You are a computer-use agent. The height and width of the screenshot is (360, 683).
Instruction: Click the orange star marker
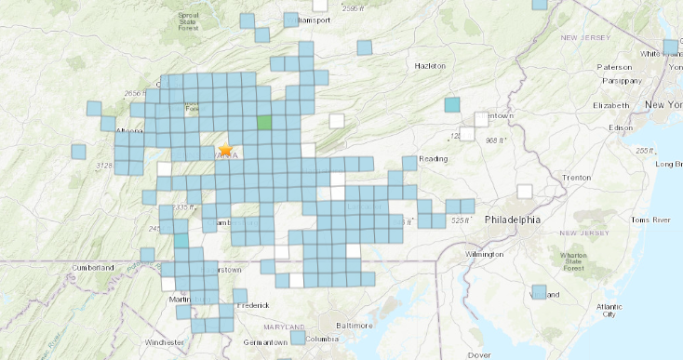(224, 149)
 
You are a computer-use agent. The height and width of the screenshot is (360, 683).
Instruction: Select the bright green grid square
(264, 122)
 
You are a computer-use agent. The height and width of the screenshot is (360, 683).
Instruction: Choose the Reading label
(434, 159)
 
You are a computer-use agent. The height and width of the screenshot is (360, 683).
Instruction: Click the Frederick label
(252, 304)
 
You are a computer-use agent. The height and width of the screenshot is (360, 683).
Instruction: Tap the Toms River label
(650, 220)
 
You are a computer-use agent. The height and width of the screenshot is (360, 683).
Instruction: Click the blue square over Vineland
(539, 292)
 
